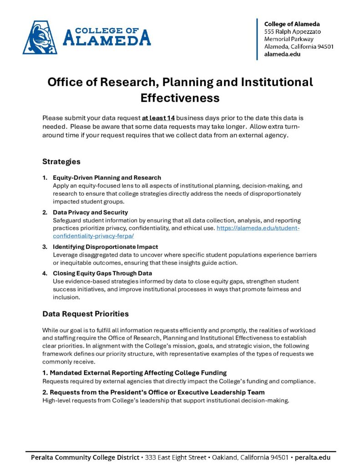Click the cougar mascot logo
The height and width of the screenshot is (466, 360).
click(x=40, y=37)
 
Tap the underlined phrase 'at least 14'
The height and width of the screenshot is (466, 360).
click(x=158, y=118)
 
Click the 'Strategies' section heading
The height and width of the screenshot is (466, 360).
click(x=61, y=162)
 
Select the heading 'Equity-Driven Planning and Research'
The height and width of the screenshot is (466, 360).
click(x=107, y=177)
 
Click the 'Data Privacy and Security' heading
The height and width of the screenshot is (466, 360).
click(x=91, y=212)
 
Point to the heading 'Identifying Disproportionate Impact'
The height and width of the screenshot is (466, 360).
click(x=106, y=247)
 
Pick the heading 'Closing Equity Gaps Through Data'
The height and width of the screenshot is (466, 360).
click(x=102, y=274)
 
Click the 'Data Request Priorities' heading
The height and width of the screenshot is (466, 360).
click(x=86, y=314)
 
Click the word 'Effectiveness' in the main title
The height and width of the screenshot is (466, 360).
click(x=180, y=98)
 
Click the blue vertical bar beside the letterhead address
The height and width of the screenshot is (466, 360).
click(x=258, y=39)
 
